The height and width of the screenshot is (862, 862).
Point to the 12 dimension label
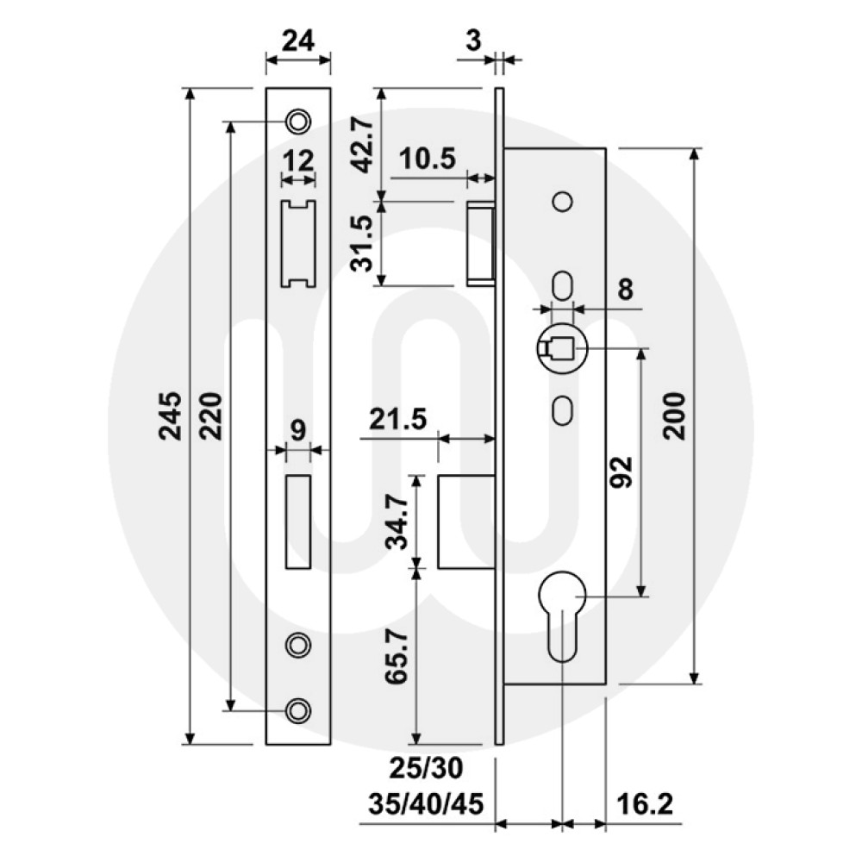click(x=297, y=160)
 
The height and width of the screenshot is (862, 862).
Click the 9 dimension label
click(x=297, y=428)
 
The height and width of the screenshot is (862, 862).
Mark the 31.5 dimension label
click(x=362, y=242)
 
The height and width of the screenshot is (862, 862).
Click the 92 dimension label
click(x=622, y=472)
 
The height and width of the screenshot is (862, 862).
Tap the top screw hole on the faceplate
click(x=298, y=121)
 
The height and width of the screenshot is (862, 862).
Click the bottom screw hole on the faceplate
click(x=298, y=709)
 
